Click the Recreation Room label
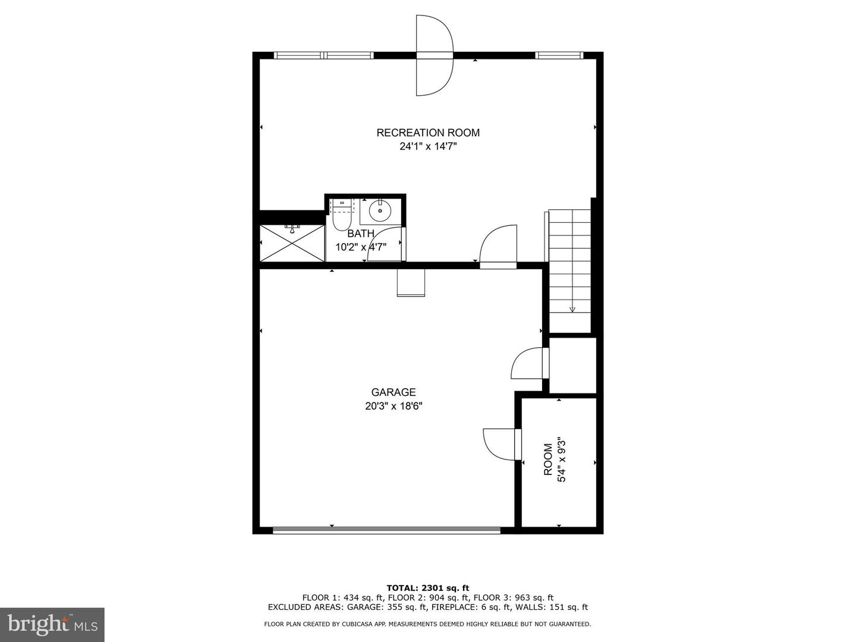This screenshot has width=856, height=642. pos(428,133)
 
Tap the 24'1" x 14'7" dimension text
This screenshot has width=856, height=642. pos(428,147)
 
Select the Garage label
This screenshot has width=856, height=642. pos(393,392)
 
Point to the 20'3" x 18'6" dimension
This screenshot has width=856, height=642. pos(394,406)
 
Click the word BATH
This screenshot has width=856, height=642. pos(361,234)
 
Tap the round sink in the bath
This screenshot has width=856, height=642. pos(380,211)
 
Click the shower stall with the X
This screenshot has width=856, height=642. pos(292,243)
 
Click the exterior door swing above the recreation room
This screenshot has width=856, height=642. pos(435,55)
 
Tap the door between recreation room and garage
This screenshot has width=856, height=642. pos(498,247)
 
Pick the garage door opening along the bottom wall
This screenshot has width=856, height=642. pos(386,530)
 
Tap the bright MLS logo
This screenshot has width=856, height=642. pos(52,624)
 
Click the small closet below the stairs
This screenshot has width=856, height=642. pos(573,365)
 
